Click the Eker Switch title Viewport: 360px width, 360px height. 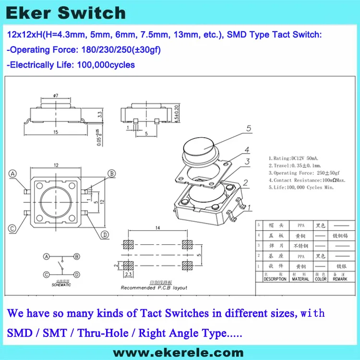(x=67, y=13)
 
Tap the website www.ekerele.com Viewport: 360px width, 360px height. (x=179, y=352)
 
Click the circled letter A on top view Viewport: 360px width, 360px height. (x=13, y=173)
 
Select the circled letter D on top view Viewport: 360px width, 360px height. (x=105, y=234)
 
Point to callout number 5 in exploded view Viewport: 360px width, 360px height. (x=249, y=128)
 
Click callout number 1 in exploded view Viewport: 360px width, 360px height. (x=248, y=207)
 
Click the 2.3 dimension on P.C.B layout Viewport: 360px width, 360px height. (x=128, y=275)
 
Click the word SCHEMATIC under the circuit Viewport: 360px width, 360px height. (x=61, y=285)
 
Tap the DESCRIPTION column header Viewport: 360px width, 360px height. (x=275, y=279)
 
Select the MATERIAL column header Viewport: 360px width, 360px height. (x=300, y=279)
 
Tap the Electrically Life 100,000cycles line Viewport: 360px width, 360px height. (x=72, y=65)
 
